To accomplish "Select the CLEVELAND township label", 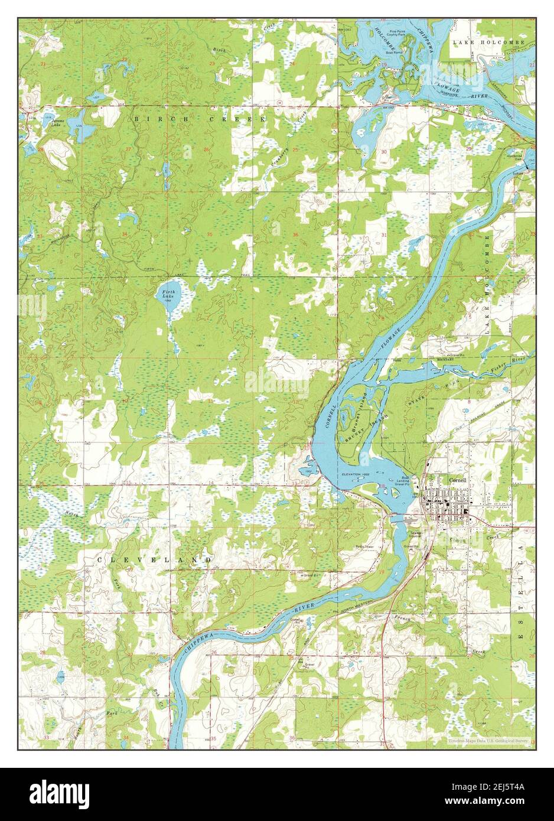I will click(154, 559).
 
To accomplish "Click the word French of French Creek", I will click(404, 618).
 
